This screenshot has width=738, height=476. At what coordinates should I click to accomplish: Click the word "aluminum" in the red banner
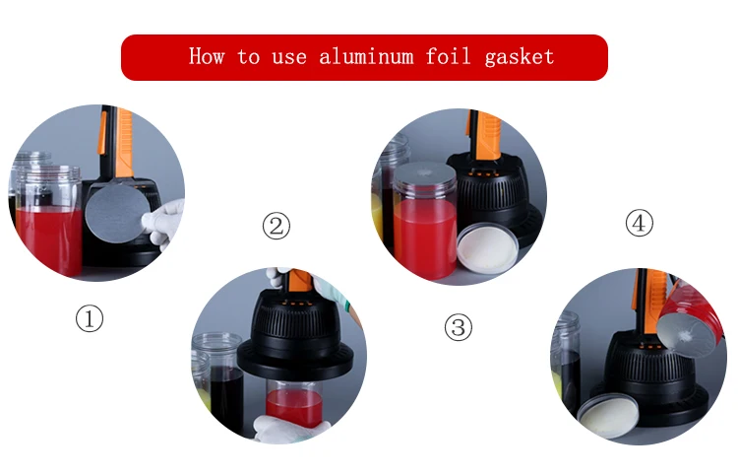(366, 56)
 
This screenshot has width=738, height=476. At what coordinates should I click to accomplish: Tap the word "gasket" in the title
(519, 57)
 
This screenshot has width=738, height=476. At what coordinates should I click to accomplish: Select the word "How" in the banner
(207, 55)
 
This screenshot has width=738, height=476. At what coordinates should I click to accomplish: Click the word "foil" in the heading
(448, 55)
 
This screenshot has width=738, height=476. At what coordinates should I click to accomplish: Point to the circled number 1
(90, 318)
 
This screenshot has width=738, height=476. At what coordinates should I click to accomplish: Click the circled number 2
(277, 226)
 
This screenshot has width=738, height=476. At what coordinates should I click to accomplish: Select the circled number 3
(459, 327)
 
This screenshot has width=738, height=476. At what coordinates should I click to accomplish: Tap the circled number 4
(640, 223)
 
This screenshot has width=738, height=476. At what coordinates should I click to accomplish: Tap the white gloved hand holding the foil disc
(164, 223)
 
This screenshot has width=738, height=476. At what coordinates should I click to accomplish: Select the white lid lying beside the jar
(488, 248)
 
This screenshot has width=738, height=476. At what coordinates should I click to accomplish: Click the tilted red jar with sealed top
(690, 320)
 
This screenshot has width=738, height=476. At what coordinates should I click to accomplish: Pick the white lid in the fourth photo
(608, 416)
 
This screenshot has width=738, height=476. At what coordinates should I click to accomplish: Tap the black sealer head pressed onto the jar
(295, 335)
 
